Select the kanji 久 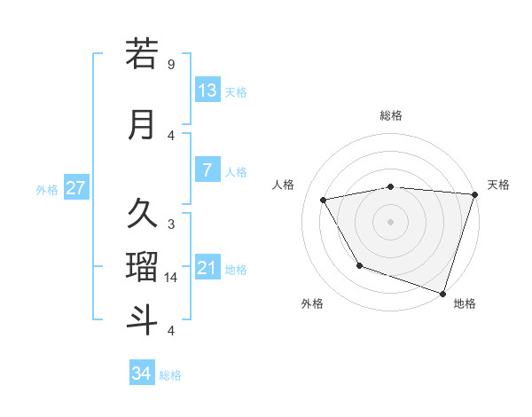(x=142, y=214)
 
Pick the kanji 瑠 (x=142, y=267)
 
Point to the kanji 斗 (x=142, y=319)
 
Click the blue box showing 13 (x=207, y=90)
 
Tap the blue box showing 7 (x=207, y=170)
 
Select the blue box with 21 (x=207, y=268)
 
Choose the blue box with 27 (x=75, y=188)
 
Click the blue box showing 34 (x=142, y=374)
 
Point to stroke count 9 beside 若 (x=171, y=65)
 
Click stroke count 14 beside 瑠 (x=171, y=278)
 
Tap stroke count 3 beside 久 (x=171, y=224)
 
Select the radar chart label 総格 (x=391, y=115)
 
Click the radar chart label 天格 (x=498, y=185)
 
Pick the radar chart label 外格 (x=312, y=303)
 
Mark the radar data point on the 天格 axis (x=474, y=194)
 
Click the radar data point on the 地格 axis (x=442, y=293)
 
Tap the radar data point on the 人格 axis (x=324, y=200)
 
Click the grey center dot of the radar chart (x=391, y=221)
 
